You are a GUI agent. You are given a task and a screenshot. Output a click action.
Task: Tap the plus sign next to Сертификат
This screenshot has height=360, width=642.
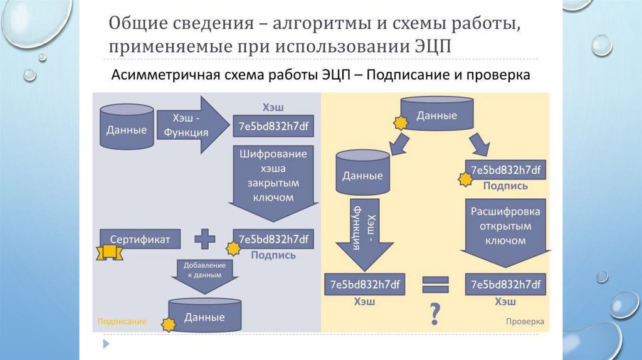point(204,239)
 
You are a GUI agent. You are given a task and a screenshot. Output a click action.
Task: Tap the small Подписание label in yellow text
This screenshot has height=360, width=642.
point(122,321)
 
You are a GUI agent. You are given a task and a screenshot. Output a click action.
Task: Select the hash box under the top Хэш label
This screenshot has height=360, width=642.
point(273,126)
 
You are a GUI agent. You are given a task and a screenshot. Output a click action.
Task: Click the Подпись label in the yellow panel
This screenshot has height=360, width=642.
point(505,186)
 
